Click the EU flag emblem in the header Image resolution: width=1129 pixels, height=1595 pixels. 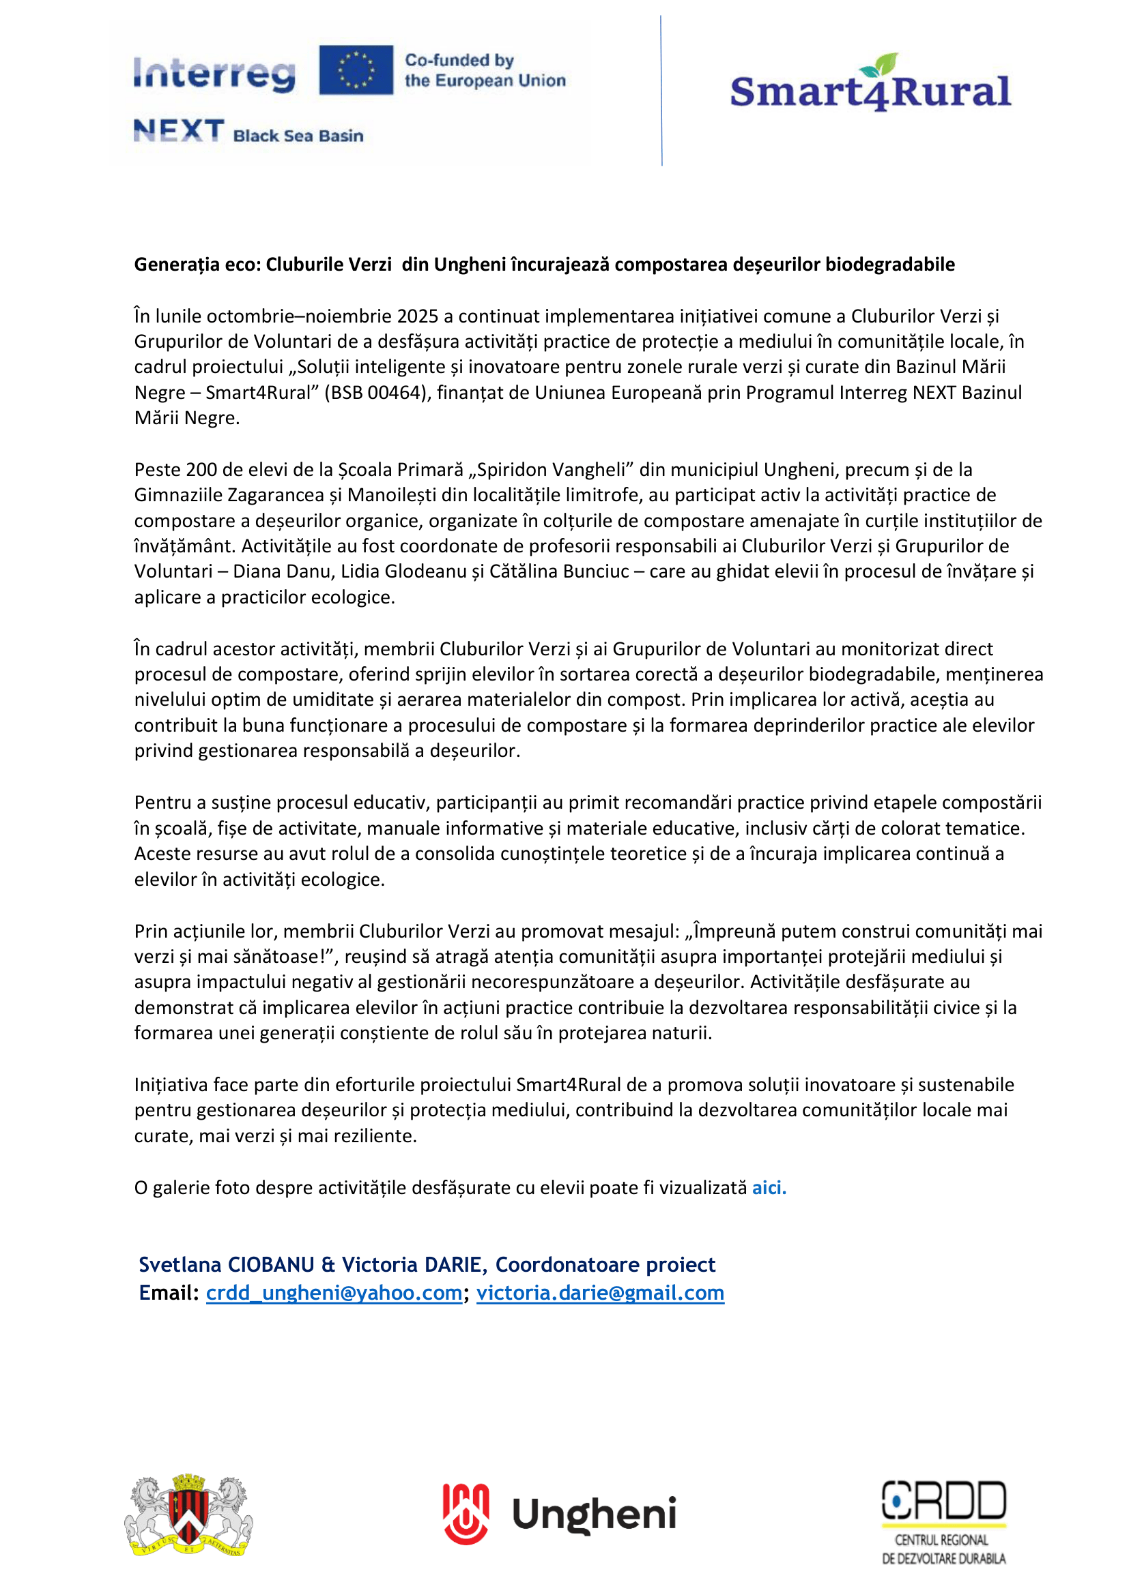coord(356,70)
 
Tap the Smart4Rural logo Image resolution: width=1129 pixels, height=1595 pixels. coord(870,85)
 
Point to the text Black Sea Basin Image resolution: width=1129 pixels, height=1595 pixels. coord(298,136)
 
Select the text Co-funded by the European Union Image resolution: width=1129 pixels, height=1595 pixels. coord(485,70)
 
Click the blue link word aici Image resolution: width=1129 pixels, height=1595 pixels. coord(768,1187)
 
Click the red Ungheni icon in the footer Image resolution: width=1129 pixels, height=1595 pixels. coord(466,1514)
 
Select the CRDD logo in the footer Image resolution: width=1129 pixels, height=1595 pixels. coord(943,1522)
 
